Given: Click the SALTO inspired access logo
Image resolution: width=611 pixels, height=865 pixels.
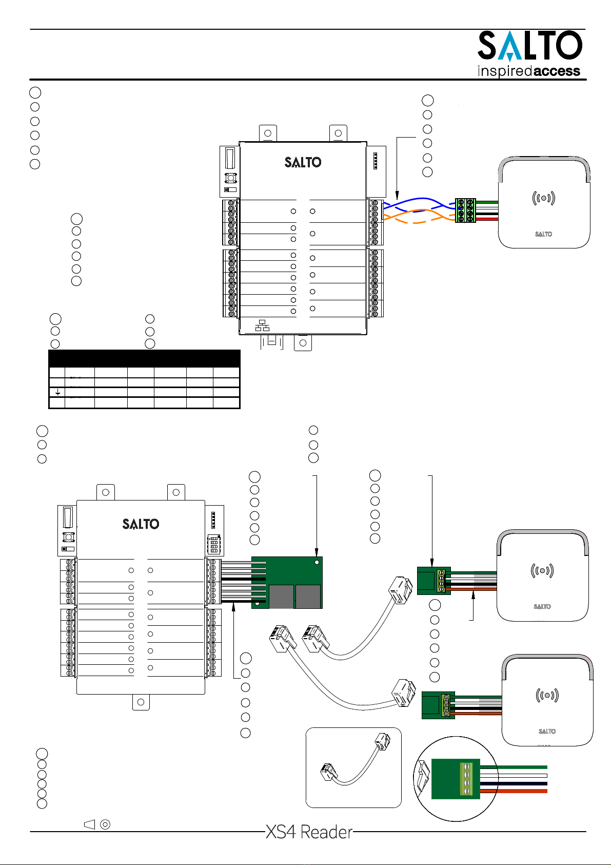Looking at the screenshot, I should [x=529, y=54].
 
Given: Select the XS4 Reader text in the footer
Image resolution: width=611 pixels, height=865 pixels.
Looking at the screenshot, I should [x=309, y=832].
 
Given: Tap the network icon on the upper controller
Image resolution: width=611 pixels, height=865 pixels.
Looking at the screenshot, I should [x=262, y=325].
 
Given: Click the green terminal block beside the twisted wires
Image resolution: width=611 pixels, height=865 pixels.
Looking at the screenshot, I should [x=465, y=210].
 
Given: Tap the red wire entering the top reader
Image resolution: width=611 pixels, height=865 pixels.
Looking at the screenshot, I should [x=487, y=219].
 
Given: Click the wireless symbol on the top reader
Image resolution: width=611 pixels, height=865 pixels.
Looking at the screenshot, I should [x=543, y=198].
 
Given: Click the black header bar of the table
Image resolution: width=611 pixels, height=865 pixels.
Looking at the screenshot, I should [x=144, y=358].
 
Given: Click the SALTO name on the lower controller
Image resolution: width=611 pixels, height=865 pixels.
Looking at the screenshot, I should [x=141, y=524].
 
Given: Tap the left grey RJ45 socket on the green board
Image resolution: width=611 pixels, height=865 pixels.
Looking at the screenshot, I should [x=281, y=597].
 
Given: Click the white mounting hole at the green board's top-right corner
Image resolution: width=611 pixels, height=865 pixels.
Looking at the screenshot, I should [x=317, y=563].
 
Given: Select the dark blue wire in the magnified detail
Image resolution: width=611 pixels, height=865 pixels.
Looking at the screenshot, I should [x=513, y=783].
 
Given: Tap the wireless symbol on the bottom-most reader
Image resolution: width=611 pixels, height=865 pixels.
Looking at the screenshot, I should [x=547, y=696].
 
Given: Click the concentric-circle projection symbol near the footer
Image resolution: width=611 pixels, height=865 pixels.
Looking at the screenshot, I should [x=105, y=824].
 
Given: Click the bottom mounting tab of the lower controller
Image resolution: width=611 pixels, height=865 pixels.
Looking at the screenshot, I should [x=141, y=702].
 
